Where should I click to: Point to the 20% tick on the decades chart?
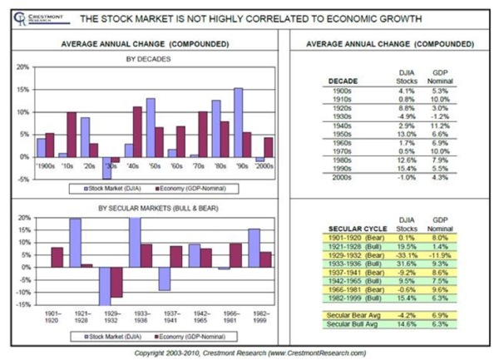click(24, 67)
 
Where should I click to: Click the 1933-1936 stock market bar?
click(135, 241)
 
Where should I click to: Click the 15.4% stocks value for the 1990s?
click(408, 168)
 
